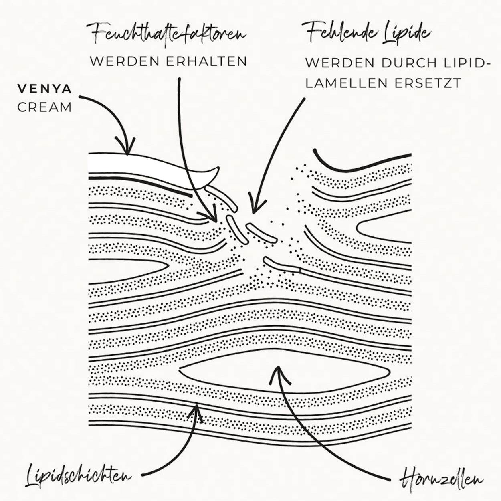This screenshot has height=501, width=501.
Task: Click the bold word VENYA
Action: click(44, 89)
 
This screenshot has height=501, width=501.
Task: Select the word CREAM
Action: click(44, 107)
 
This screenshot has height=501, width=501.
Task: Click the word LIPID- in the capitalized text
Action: click(461, 63)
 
